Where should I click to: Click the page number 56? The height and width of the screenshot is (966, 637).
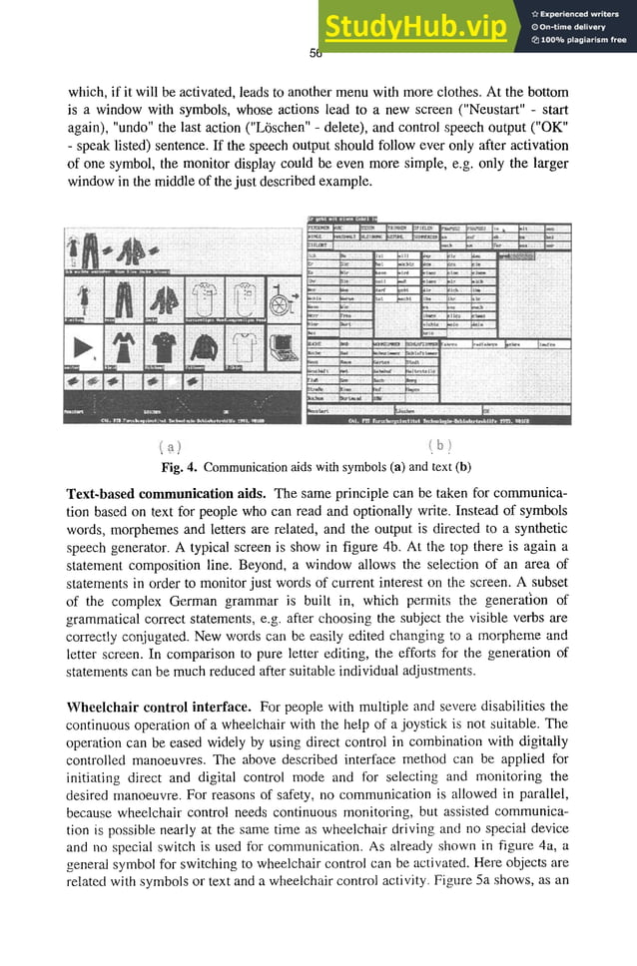click(x=316, y=53)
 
